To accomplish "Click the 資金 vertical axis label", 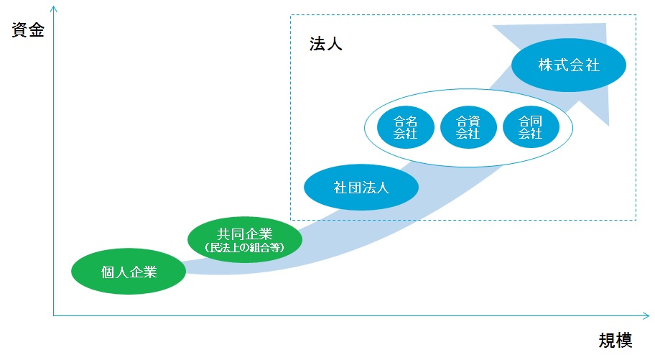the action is point(28,30).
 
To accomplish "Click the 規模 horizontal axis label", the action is point(615,341).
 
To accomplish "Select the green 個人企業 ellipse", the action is point(129,272).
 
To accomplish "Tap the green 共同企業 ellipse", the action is point(245,239).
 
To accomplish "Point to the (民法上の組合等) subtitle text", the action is point(245,247).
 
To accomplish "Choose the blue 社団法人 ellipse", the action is point(361,187).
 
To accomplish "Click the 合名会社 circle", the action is point(406,127).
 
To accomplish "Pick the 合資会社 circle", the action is point(468,127).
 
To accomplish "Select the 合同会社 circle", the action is point(531,127).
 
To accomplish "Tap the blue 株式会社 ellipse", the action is point(569,65).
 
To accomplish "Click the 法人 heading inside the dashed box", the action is point(326,44).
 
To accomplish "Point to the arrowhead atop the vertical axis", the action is point(53,9).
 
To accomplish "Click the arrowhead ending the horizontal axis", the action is point(646,315).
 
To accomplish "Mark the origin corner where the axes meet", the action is point(53,315).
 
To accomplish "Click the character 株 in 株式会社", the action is point(545,65).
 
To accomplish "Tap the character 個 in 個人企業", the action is point(108,272).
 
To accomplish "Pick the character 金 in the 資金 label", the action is point(37,30).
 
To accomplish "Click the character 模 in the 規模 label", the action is point(624,341).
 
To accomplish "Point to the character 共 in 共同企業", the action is point(224,234).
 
